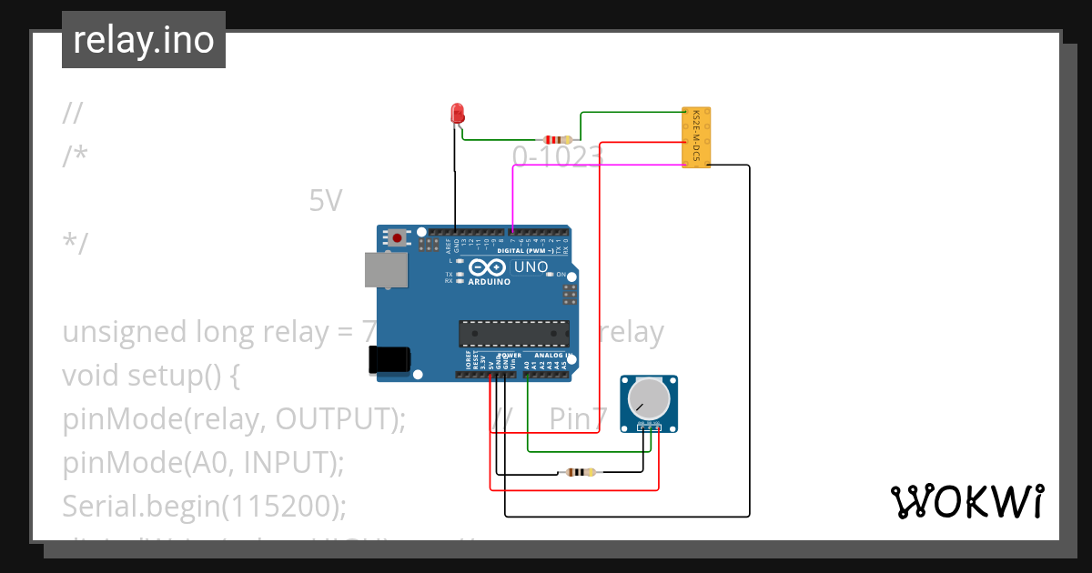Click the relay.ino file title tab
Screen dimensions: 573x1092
tap(143, 40)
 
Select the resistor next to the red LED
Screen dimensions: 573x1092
tap(556, 140)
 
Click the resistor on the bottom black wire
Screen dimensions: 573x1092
tap(580, 472)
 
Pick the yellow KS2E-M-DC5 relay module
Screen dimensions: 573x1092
tap(696, 137)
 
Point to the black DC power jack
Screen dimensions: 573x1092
tap(387, 359)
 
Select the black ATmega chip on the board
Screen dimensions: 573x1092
tap(514, 334)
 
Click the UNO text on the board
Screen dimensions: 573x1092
tap(531, 267)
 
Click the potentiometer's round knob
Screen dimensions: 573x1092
tap(649, 397)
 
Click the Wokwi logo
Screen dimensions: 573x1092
tap(966, 501)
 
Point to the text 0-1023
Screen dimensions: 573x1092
tap(557, 157)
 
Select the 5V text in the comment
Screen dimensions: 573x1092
tap(326, 200)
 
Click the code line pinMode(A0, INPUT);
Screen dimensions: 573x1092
tap(203, 462)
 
